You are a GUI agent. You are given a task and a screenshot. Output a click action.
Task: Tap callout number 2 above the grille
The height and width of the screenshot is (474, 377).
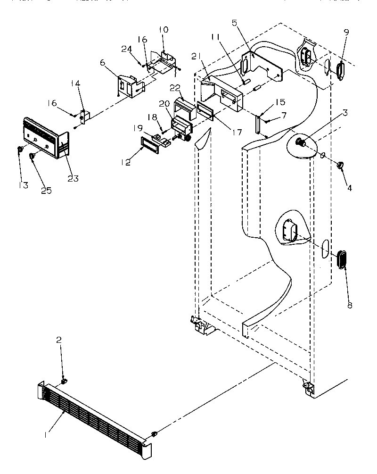coord(59,340)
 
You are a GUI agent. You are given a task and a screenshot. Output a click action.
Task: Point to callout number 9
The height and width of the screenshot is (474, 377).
coord(346,33)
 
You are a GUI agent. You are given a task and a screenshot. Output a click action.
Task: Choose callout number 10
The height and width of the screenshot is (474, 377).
coord(163,30)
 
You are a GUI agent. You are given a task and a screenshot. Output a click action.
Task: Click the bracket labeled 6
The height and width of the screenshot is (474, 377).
coord(128,85)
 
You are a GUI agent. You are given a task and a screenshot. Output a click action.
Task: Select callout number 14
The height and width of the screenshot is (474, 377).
coord(76,83)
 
